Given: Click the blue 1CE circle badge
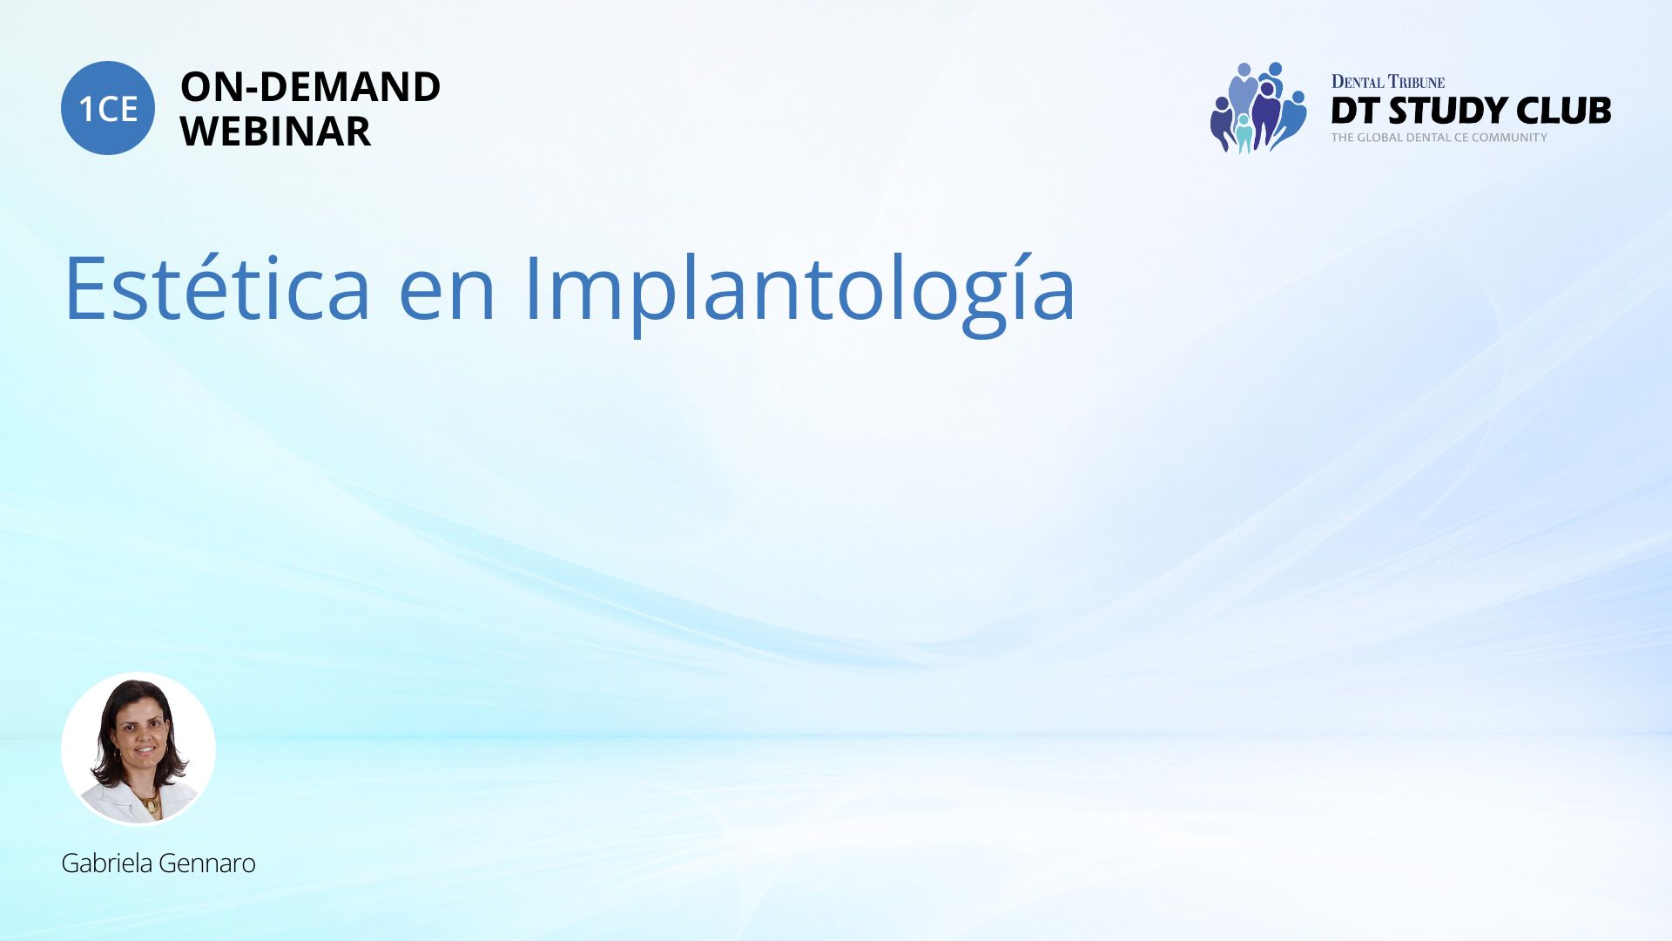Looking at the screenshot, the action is click(x=108, y=108).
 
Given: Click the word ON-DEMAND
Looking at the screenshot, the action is click(x=310, y=87).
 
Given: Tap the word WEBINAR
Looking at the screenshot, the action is click(x=275, y=132).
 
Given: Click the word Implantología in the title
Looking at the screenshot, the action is click(x=800, y=293).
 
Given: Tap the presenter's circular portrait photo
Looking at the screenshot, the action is click(x=138, y=748).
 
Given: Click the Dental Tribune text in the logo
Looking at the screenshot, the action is click(x=1388, y=82).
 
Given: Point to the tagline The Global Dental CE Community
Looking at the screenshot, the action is click(x=1439, y=138).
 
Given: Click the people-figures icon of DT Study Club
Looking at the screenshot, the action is click(x=1258, y=107).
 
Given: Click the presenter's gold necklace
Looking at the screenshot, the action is click(x=148, y=803).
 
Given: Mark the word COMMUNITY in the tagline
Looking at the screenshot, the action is click(x=1509, y=138).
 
